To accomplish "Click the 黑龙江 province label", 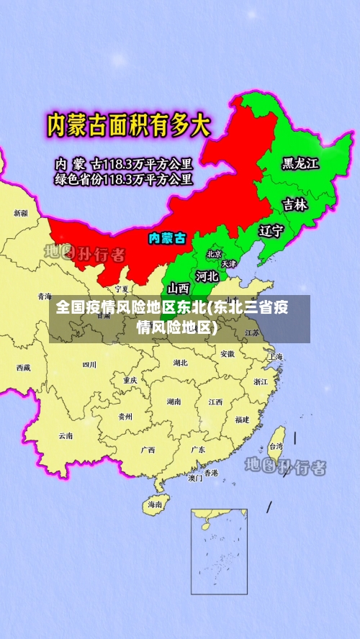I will pyautogui.click(x=300, y=164).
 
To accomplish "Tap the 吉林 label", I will pyautogui.click(x=294, y=205).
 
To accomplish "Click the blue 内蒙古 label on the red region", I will pyautogui.click(x=167, y=237).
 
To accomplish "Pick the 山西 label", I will pyautogui.click(x=179, y=289).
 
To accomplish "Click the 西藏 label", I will pyautogui.click(x=24, y=367).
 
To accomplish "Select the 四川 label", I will pyautogui.click(x=89, y=365).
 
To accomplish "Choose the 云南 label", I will pyautogui.click(x=66, y=435).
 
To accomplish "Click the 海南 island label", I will pyautogui.click(x=156, y=504).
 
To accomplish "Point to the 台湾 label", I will pyautogui.click(x=276, y=446).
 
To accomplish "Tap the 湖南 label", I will pyautogui.click(x=174, y=402).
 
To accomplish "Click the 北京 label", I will pyautogui.click(x=214, y=254).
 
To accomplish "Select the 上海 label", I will pyautogui.click(x=275, y=357).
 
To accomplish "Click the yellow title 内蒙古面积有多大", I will pyautogui.click(x=129, y=126).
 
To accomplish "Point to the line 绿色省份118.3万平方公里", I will pyautogui.click(x=124, y=179).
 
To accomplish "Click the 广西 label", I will pyautogui.click(x=148, y=450).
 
